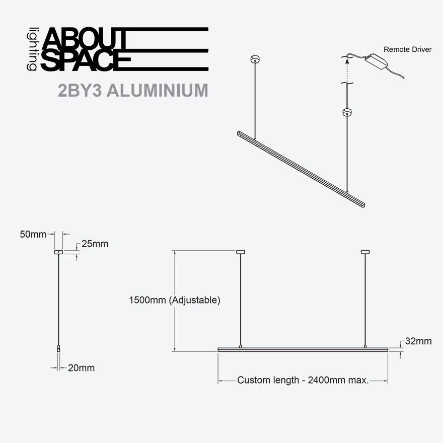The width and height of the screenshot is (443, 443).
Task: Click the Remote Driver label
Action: click(x=407, y=49)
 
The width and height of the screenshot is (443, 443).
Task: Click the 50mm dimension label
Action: click(x=33, y=234)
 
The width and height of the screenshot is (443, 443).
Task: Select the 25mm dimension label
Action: click(x=95, y=244)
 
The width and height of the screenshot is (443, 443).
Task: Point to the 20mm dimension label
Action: click(x=82, y=368)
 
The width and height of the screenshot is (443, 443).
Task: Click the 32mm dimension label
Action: click(x=418, y=341)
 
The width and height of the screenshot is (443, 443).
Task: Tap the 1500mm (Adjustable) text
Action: click(x=175, y=300)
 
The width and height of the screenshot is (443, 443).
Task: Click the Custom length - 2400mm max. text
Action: click(x=303, y=380)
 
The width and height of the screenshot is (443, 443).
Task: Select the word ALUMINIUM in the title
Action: click(x=158, y=91)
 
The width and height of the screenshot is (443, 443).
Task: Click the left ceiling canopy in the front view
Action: click(x=241, y=252)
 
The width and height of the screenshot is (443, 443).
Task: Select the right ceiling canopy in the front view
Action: click(x=365, y=252)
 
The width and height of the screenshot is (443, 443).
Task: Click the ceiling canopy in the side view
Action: click(x=58, y=252)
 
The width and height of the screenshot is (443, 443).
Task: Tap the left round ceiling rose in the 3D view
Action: click(x=255, y=59)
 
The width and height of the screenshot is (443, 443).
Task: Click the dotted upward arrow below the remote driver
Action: click(x=347, y=70)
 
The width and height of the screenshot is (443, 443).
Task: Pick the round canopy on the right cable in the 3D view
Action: click(x=347, y=112)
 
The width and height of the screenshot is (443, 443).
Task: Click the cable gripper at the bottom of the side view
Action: click(x=58, y=348)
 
